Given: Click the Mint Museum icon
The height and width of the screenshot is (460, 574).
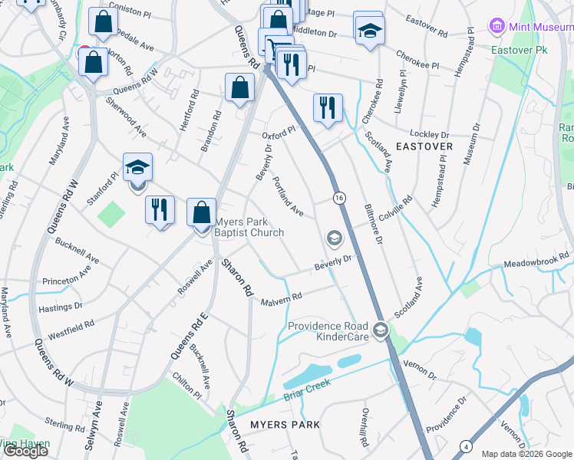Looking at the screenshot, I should click(x=496, y=27).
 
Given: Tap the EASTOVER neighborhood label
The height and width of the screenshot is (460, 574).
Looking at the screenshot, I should click(x=424, y=146).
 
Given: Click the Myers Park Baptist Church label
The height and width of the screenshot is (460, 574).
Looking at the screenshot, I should click(x=249, y=228).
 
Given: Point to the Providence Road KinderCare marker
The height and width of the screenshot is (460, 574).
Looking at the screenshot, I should click(x=379, y=331).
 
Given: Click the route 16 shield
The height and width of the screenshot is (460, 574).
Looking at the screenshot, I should click(x=338, y=199).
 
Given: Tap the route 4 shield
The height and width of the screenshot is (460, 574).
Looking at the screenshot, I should click(x=466, y=445).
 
